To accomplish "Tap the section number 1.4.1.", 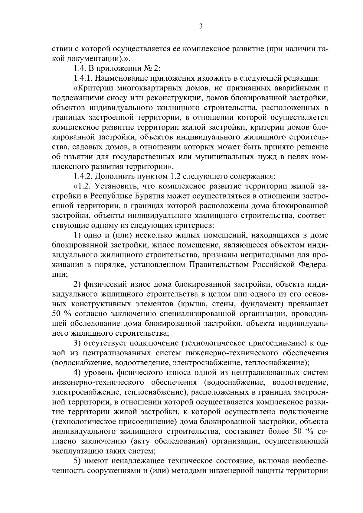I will [83, 78].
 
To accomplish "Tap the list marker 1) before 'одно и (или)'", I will [77, 235].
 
